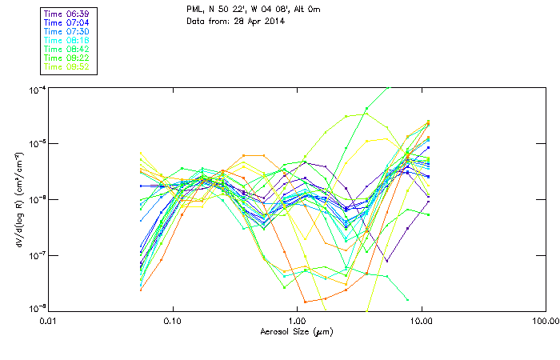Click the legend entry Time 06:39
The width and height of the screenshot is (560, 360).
(x=68, y=14)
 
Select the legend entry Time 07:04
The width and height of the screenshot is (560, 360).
(x=68, y=23)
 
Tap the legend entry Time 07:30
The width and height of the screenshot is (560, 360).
(x=68, y=32)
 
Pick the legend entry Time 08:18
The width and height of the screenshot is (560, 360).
(x=68, y=41)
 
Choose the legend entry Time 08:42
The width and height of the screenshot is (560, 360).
(x=68, y=49)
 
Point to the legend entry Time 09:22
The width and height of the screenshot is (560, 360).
(x=68, y=58)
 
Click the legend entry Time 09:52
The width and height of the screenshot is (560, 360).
(x=68, y=66)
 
